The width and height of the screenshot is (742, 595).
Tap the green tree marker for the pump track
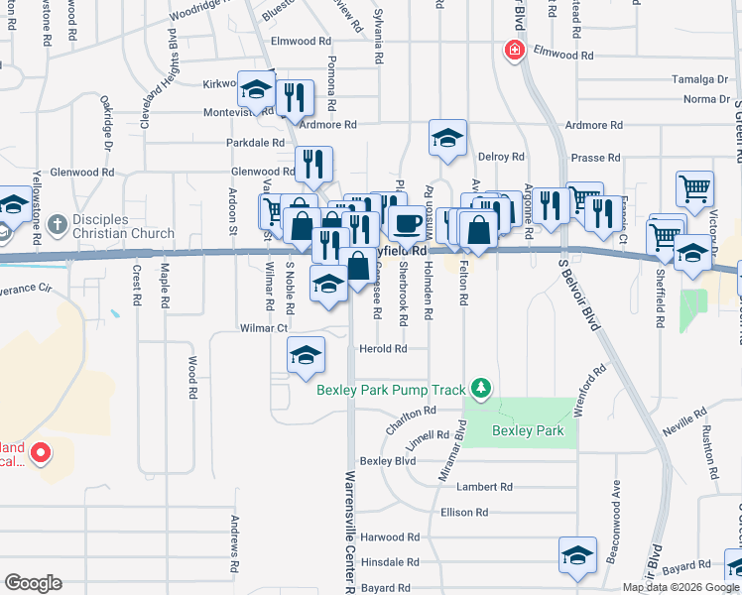click(x=482, y=387)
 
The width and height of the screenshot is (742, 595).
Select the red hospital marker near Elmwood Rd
click(x=514, y=51)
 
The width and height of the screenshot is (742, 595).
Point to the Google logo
click(x=33, y=583)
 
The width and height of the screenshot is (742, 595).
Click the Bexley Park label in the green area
click(x=528, y=430)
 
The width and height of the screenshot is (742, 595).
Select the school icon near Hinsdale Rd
click(x=577, y=557)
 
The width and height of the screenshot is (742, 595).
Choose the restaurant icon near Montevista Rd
click(x=295, y=97)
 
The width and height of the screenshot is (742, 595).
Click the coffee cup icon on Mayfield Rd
click(x=405, y=224)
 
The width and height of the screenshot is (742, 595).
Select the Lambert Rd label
click(x=484, y=487)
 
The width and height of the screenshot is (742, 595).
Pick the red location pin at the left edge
click(x=41, y=454)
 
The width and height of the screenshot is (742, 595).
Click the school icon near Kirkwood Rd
click(x=256, y=89)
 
